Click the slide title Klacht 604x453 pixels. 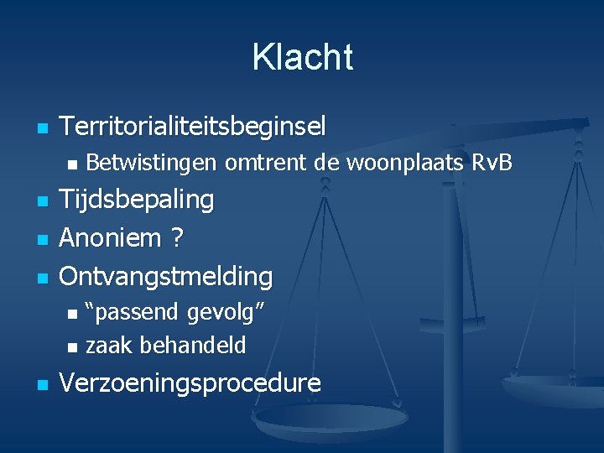[x=302, y=57]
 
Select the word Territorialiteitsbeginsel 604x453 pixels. [x=193, y=128]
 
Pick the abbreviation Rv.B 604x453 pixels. [x=492, y=163]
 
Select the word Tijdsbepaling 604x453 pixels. [x=137, y=200]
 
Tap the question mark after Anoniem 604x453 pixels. [x=177, y=237]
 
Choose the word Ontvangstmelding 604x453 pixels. [x=166, y=275]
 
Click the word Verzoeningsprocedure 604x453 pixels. [x=190, y=383]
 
